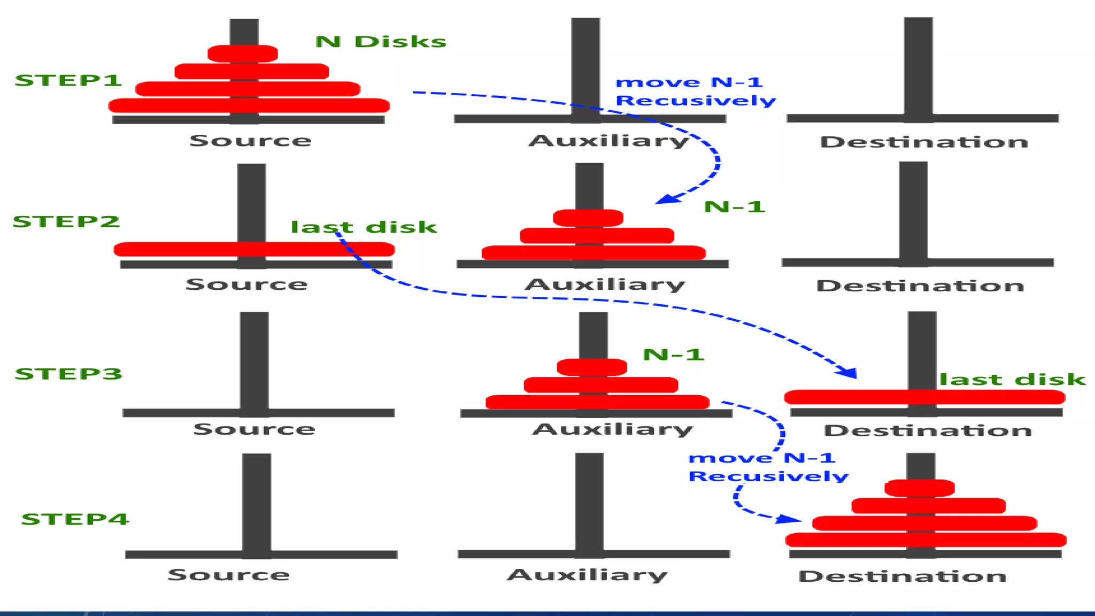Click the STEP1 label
click(x=68, y=80)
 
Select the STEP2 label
click(x=66, y=221)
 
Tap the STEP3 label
click(x=68, y=374)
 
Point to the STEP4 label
click(x=75, y=519)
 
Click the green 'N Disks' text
click(x=381, y=42)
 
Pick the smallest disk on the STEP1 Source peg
click(x=243, y=53)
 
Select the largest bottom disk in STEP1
click(x=249, y=105)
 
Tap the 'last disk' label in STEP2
click(x=364, y=227)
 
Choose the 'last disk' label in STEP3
click(x=1013, y=380)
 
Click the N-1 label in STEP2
click(x=735, y=207)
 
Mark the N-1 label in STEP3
click(x=673, y=355)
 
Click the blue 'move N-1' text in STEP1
click(x=689, y=82)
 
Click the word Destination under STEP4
click(x=903, y=576)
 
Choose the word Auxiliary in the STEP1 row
click(x=609, y=141)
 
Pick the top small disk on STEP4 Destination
click(x=920, y=488)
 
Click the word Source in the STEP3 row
click(x=254, y=429)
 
